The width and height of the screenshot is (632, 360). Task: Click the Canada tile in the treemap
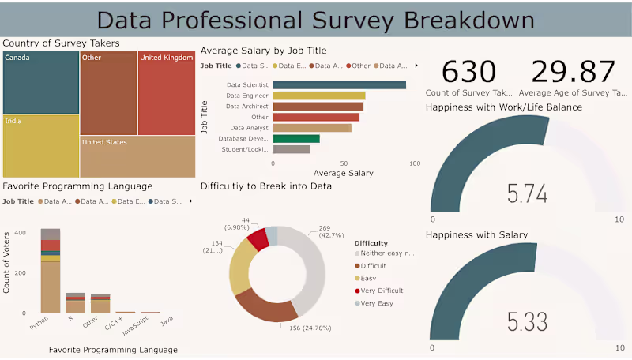point(41,83)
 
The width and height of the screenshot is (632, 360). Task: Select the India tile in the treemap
point(41,145)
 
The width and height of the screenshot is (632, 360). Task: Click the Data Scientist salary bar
point(339,85)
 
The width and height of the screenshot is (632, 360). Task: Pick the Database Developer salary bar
point(296,138)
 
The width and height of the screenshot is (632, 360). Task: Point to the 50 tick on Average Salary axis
point(344,163)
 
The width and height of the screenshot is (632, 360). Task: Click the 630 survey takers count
point(468,72)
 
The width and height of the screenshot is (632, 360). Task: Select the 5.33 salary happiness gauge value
point(526,322)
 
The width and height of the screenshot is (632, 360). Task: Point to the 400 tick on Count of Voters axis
point(21,233)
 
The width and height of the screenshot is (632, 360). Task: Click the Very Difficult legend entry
point(380,291)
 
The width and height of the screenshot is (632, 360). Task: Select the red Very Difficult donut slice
point(256,238)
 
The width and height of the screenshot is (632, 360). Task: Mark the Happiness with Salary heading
point(476,234)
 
